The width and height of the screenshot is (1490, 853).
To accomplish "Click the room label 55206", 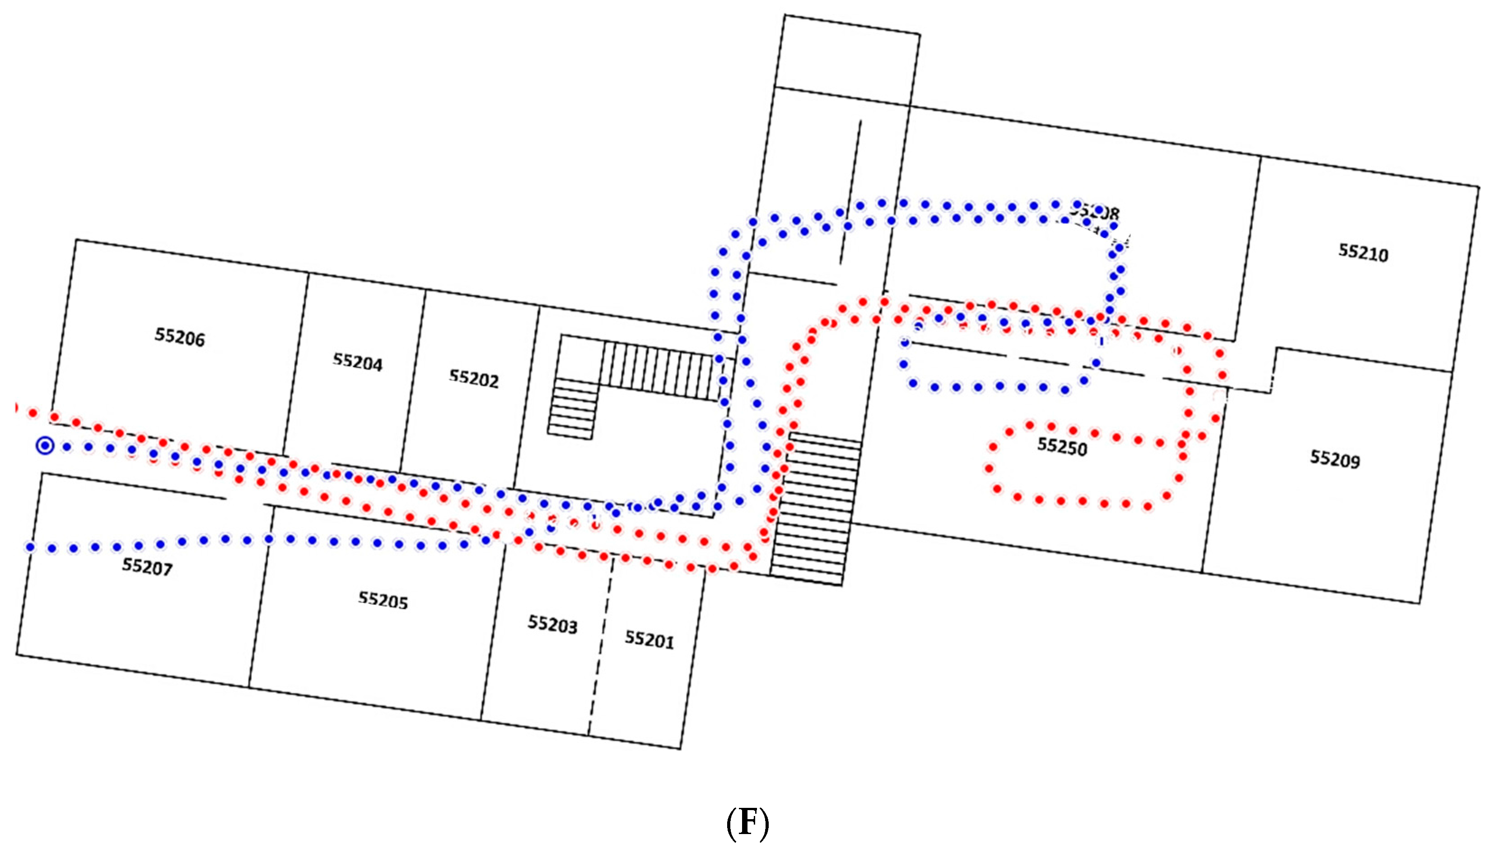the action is pyautogui.click(x=179, y=338).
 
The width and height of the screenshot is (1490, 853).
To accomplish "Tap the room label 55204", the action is pyautogui.click(x=358, y=363).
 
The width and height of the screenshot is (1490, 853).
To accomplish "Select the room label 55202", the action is pyautogui.click(x=474, y=380).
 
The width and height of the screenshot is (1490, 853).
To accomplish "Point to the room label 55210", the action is pyautogui.click(x=1363, y=253).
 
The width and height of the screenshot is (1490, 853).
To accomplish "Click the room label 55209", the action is pyautogui.click(x=1335, y=459).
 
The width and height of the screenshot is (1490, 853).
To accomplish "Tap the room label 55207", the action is pyautogui.click(x=147, y=567).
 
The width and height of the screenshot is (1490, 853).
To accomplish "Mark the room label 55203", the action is pyautogui.click(x=552, y=625).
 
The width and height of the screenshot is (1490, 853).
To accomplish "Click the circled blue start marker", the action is pyautogui.click(x=45, y=446).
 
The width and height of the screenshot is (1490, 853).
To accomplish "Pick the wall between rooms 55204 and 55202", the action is pyautogui.click(x=413, y=381).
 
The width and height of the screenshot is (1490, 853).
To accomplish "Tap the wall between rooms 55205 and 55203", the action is pyautogui.click(x=492, y=633).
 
